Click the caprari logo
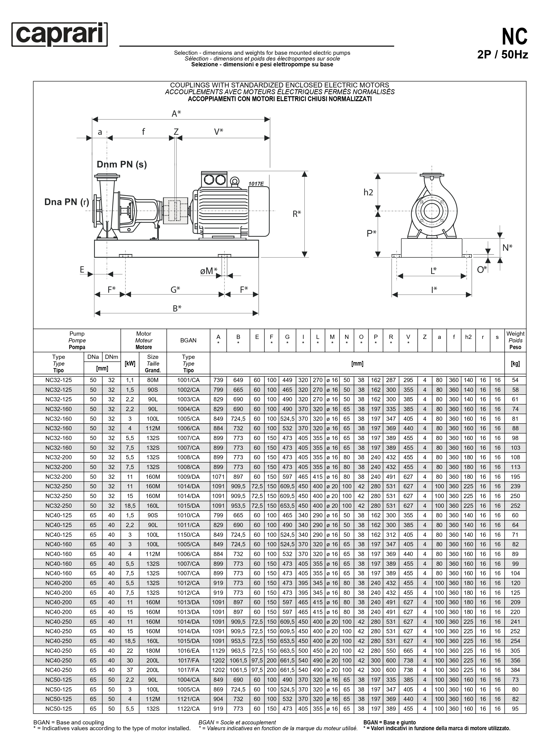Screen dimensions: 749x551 (x=60, y=34)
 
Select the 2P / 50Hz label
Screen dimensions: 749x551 (x=502, y=55)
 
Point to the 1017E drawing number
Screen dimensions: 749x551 (x=256, y=183)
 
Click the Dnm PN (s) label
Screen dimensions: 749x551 (x=122, y=164)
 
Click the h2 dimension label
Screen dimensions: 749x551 (x=368, y=192)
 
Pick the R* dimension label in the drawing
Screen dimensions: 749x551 (x=296, y=214)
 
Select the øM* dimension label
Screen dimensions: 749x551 (x=208, y=271)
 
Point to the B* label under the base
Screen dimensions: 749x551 (x=177, y=309)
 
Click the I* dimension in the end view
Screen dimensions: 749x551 (x=434, y=290)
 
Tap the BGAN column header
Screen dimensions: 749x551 (x=188, y=341)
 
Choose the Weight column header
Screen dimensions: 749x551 (x=515, y=341)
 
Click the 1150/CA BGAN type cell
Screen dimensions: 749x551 (x=188, y=535)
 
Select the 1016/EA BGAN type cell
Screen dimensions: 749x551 (x=188, y=651)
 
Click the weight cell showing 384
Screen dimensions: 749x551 (x=515, y=670)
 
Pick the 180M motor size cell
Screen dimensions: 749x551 (x=153, y=651)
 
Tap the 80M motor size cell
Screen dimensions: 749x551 (x=153, y=380)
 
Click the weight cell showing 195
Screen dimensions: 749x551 (x=515, y=477)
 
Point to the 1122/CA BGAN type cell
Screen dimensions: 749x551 (x=188, y=709)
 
